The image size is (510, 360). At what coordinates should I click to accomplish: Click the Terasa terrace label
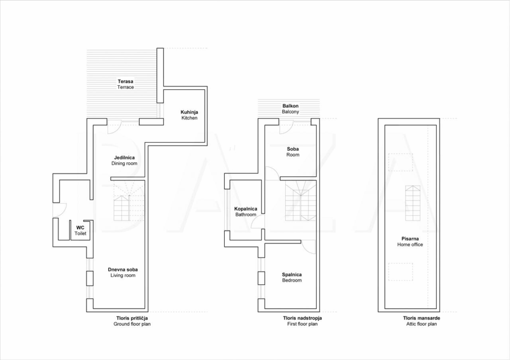click(x=126, y=84)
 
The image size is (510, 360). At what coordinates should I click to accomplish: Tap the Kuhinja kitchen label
click(x=189, y=115)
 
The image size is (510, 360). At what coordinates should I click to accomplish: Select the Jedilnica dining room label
click(x=124, y=160)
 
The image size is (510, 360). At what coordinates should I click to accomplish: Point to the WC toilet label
click(x=80, y=231)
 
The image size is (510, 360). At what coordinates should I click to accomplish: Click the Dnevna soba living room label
click(x=123, y=272)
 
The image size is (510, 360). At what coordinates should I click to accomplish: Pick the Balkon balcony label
click(x=291, y=108)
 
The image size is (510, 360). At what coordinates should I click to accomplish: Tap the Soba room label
click(x=293, y=152)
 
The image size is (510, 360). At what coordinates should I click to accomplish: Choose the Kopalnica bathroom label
click(x=246, y=212)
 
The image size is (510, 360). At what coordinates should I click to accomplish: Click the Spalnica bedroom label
click(x=292, y=277)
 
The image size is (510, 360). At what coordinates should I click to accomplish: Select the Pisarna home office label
click(x=410, y=242)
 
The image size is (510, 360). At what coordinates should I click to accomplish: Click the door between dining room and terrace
click(x=114, y=126)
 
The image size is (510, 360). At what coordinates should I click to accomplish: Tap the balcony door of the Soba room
click(x=286, y=126)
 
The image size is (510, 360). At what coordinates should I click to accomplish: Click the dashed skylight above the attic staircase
click(x=401, y=162)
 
